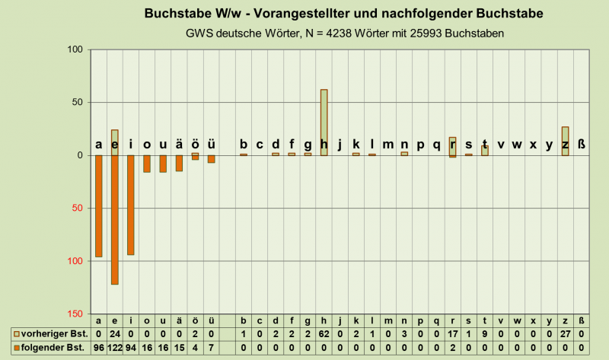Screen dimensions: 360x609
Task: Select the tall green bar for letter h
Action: coord(324,122)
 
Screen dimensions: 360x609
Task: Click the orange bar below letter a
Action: coord(99,205)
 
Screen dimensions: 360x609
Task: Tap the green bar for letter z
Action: coord(565,141)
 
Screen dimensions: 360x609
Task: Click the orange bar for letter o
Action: coord(147,164)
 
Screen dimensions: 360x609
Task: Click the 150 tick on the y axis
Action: coord(75,314)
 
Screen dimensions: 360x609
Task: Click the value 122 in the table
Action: coord(115,347)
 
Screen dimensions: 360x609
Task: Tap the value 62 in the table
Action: coord(324,334)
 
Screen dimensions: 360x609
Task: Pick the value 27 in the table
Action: coord(565,334)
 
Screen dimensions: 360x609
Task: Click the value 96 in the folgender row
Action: coord(99,347)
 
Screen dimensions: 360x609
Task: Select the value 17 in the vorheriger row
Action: coord(452,334)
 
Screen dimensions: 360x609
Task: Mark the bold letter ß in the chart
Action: coord(582,145)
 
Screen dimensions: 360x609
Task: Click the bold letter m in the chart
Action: coord(388,145)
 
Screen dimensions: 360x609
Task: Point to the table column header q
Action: coord(436,321)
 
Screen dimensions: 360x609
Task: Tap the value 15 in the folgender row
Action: coord(179,347)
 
